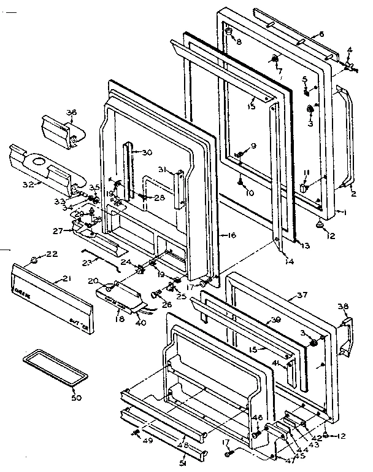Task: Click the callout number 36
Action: click(x=72, y=112)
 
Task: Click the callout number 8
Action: click(x=239, y=42)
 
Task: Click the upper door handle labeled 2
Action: click(x=347, y=135)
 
